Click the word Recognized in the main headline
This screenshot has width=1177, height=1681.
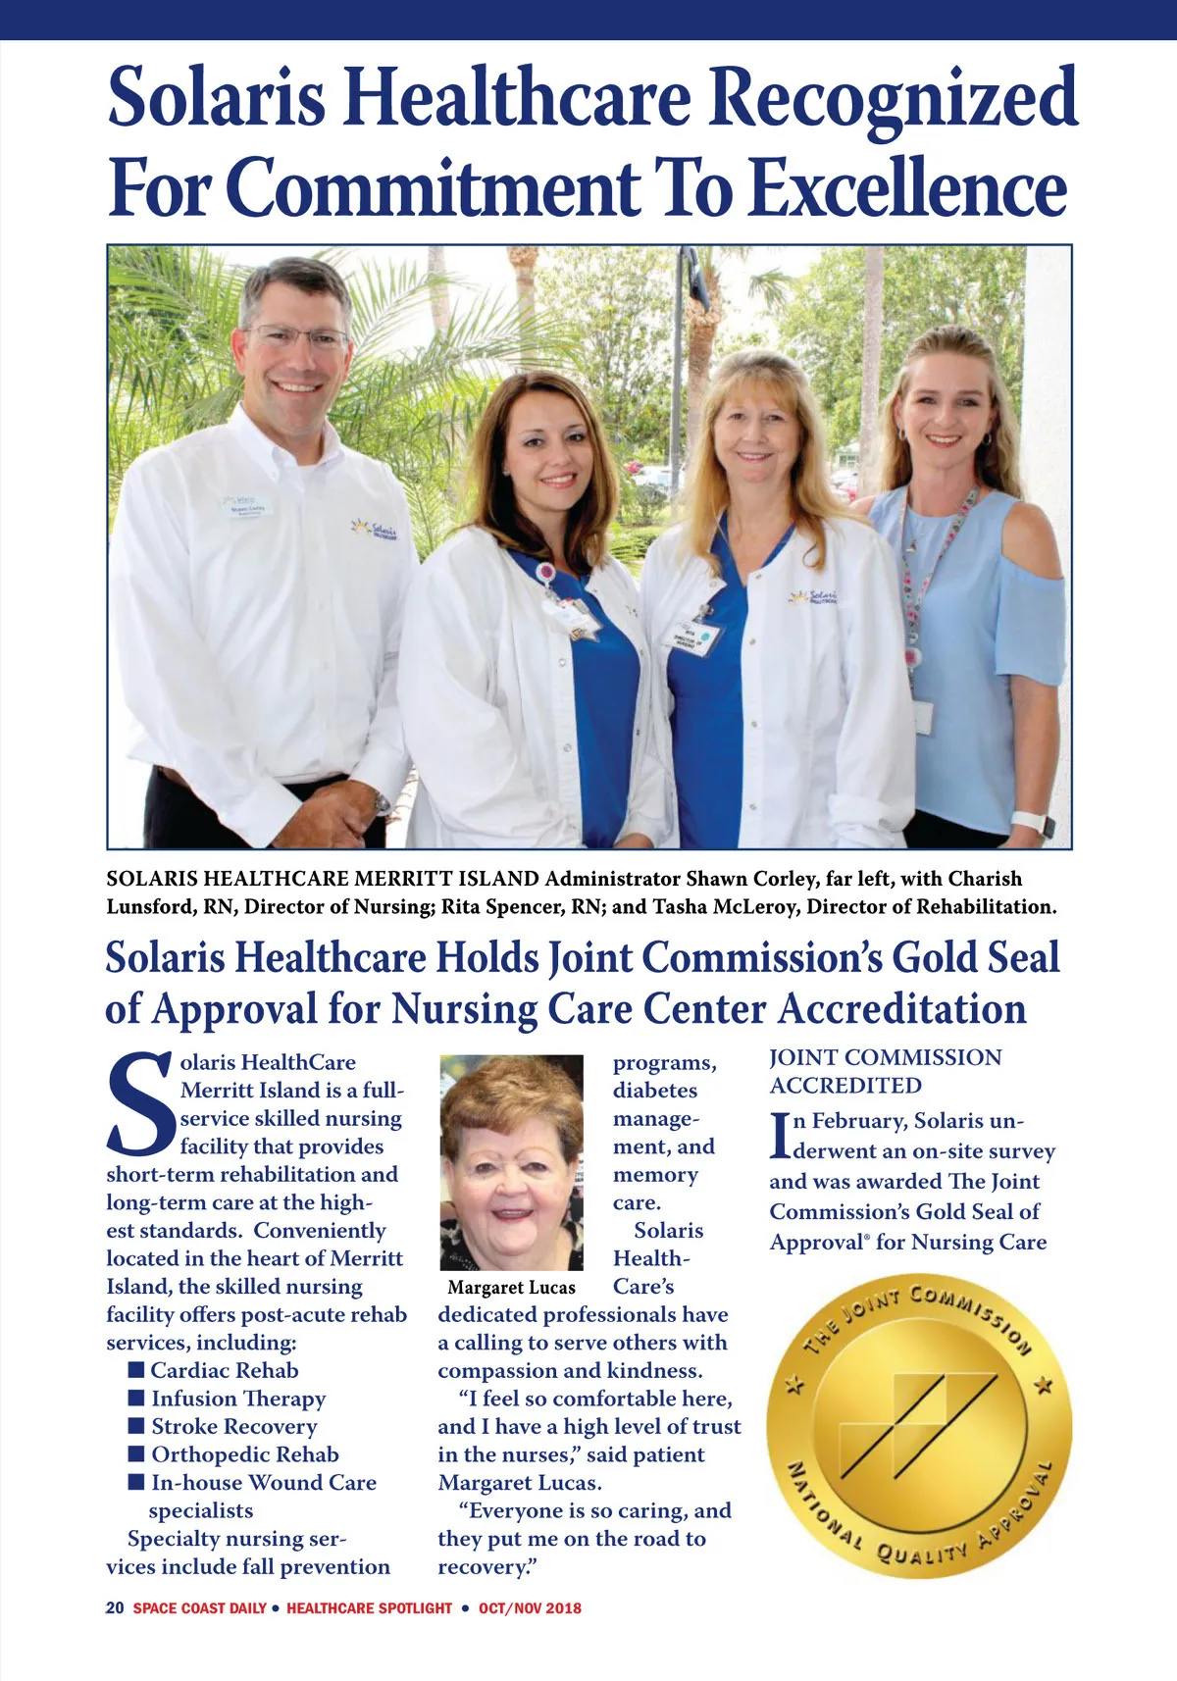(894, 98)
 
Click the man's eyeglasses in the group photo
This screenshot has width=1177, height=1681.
(296, 339)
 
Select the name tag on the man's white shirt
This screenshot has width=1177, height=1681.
(247, 508)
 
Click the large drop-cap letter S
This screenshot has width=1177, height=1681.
(140, 1103)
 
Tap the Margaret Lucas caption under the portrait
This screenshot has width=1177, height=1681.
(511, 1288)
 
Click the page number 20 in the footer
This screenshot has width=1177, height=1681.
(115, 1607)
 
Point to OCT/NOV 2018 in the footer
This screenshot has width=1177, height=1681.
(530, 1607)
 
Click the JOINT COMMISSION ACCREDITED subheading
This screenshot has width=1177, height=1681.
(885, 1071)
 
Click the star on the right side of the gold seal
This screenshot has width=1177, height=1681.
(1046, 1386)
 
